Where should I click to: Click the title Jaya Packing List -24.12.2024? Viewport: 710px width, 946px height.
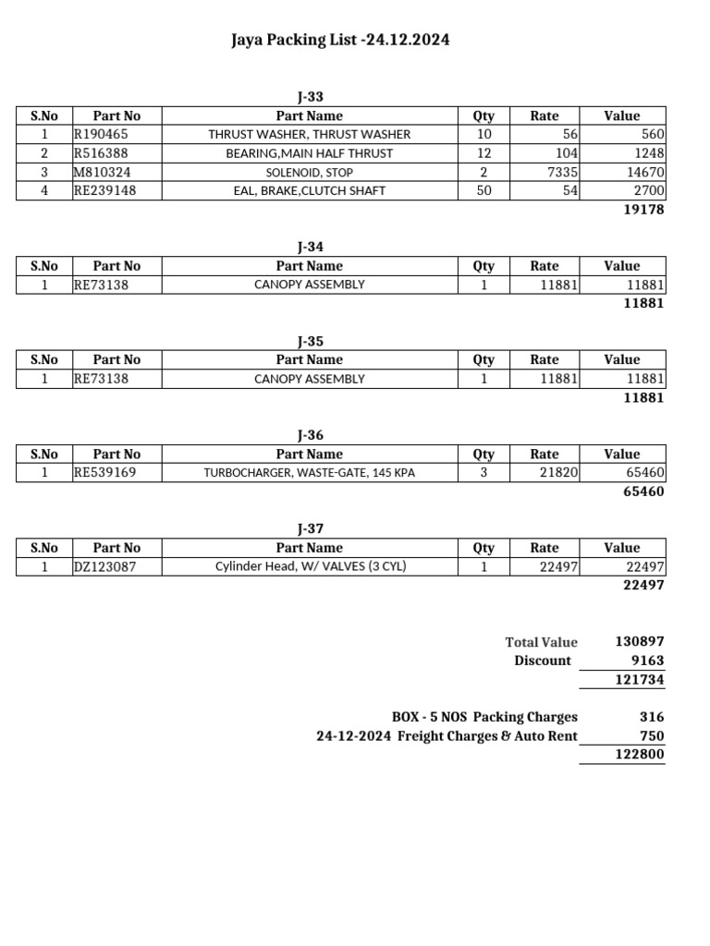[x=341, y=41]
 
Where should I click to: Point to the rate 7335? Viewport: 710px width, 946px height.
[x=559, y=173]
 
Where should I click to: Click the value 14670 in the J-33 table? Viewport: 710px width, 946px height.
[x=641, y=173]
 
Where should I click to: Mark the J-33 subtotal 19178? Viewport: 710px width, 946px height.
[x=643, y=210]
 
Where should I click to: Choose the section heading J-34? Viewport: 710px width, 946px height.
[x=310, y=247]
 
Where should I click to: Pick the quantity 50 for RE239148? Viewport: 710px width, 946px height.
[x=484, y=191]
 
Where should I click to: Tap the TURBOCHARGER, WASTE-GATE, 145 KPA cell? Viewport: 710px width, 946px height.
[x=309, y=473]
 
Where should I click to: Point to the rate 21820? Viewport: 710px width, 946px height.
[x=558, y=473]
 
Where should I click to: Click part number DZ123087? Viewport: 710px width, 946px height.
[x=104, y=567]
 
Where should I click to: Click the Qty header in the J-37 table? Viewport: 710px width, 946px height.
[x=484, y=548]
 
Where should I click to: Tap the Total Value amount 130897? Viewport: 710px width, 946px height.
[x=640, y=641]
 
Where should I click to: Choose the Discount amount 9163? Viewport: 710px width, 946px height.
[x=646, y=661]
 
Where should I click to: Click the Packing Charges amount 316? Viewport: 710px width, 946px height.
[x=652, y=717]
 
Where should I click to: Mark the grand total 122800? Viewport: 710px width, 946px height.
[x=640, y=755]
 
